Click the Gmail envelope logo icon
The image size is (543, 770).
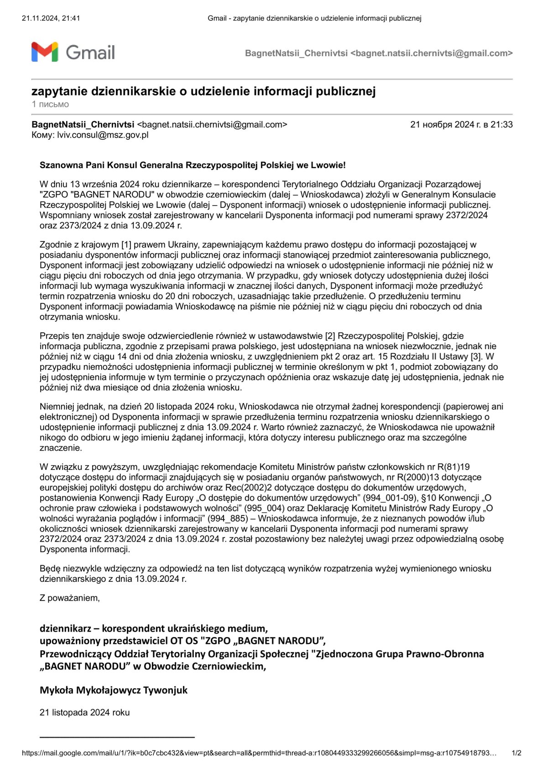coord(45,52)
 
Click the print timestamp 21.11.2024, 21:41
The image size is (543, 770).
coord(51,18)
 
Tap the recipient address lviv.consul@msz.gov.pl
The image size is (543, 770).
coord(103,135)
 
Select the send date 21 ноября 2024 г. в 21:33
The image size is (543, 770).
coord(461,124)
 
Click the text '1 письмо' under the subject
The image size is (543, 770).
coord(50,104)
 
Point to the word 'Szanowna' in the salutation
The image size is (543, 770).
coord(57,165)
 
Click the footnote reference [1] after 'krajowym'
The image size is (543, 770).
coord(126,244)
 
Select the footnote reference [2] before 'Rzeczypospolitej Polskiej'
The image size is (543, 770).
coord(330,336)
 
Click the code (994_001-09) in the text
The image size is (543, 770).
coord(390,498)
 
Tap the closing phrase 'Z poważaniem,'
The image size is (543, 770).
coord(69,598)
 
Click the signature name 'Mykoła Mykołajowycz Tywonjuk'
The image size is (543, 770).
coord(114,690)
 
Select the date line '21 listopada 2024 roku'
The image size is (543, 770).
coord(84,712)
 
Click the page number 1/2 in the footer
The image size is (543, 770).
coord(516,753)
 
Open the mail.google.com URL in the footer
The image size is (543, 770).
coord(259,753)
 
